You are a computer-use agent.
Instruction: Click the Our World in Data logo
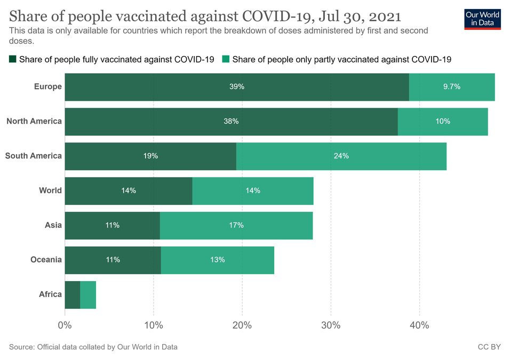point(482,19)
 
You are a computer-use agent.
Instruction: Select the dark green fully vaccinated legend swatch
point(13,59)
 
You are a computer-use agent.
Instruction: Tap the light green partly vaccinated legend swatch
point(226,59)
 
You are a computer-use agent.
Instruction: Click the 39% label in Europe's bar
point(237,86)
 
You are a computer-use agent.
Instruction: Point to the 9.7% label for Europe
point(451,86)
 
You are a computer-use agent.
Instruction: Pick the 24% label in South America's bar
point(341,156)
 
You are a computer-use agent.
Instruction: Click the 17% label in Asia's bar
point(236,225)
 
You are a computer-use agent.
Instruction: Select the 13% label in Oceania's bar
point(218,260)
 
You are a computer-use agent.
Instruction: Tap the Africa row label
point(50,294)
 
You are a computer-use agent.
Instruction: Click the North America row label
point(34,121)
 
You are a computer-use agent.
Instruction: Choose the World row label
point(50,190)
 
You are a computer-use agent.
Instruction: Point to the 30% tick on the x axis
point(331,325)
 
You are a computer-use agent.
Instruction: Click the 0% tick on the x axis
point(65,325)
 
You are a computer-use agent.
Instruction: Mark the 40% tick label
point(419,325)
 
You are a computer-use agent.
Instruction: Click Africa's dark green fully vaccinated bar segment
point(73,294)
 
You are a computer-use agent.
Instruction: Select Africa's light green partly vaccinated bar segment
point(88,294)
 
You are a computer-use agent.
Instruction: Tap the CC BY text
point(489,347)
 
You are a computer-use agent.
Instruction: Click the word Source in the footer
point(21,347)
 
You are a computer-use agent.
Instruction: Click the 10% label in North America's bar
point(443,121)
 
